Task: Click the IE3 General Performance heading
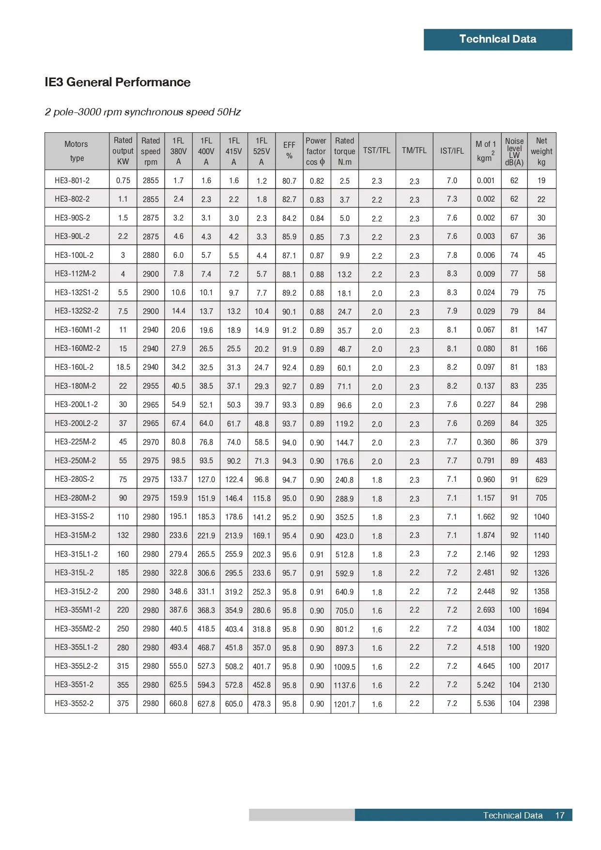coord(117,82)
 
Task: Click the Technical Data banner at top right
coord(497,39)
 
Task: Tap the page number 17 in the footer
coord(559,815)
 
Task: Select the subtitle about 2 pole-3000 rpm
coord(143,112)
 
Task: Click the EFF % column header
coord(289,150)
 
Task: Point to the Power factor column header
coord(316,151)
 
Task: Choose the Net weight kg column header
coord(541,151)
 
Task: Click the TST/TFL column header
coord(377,151)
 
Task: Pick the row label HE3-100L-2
coord(74,255)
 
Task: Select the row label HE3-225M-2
coord(75,441)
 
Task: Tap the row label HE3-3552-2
coord(74,703)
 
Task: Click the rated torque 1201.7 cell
coord(344,704)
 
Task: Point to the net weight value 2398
coord(541,703)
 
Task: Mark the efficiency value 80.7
coord(289,181)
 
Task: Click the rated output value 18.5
coord(123,367)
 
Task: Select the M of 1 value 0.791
coord(486,460)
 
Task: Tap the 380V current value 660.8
coord(178,703)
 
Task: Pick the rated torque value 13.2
coord(344,274)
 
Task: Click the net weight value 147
coord(541,330)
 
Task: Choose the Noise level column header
coord(514,151)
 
